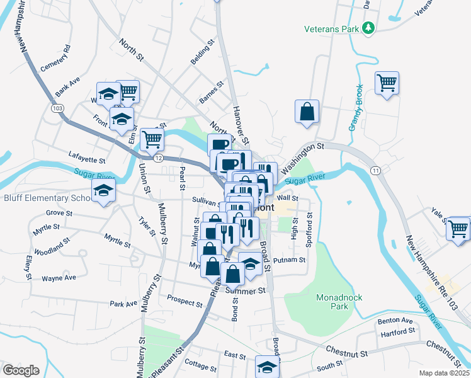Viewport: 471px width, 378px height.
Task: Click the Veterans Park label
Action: point(330,29)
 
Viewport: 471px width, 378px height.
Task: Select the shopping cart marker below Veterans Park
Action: point(387,83)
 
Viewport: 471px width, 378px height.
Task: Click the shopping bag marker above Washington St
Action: point(307,112)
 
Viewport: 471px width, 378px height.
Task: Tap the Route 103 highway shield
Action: point(58,108)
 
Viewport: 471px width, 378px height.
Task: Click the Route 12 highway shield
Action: point(159,157)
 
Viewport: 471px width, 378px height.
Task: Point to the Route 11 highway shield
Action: point(375,171)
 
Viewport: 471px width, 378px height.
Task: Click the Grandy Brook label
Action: point(356,108)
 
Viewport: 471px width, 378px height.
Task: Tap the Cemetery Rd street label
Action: point(55,58)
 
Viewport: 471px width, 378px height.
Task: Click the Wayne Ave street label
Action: point(59,277)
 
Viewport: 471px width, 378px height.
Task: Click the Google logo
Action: point(21,370)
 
